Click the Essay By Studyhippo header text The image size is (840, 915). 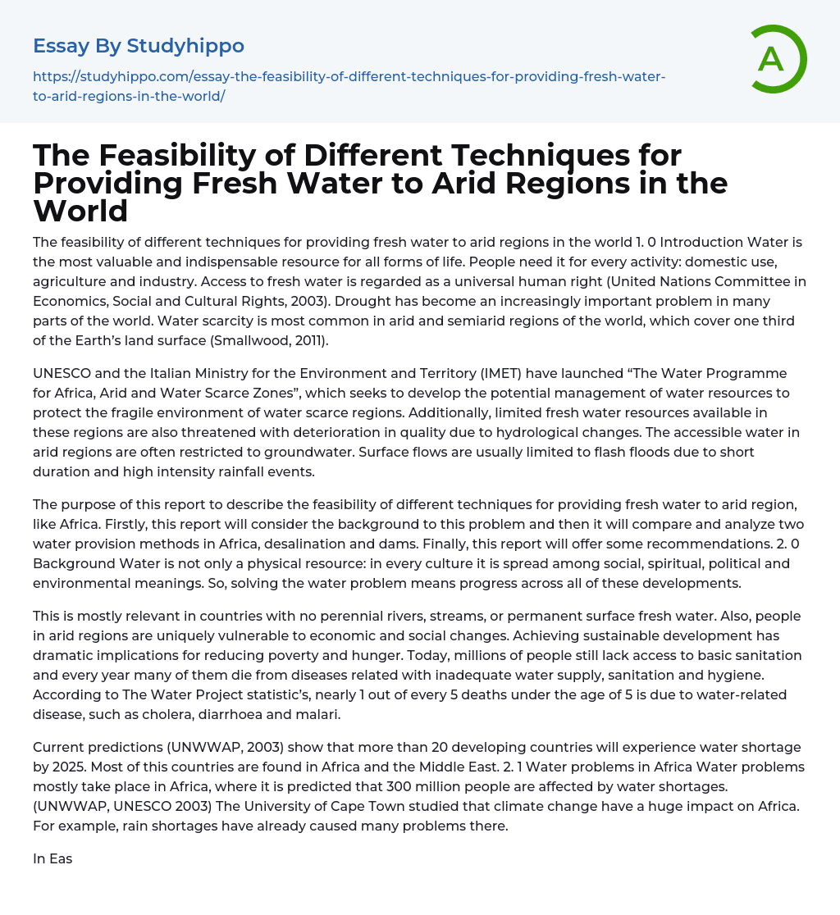tap(139, 46)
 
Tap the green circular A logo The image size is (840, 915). tap(772, 59)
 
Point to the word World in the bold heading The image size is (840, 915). tap(80, 211)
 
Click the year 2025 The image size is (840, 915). tap(69, 767)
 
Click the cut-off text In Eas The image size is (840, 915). tap(52, 858)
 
